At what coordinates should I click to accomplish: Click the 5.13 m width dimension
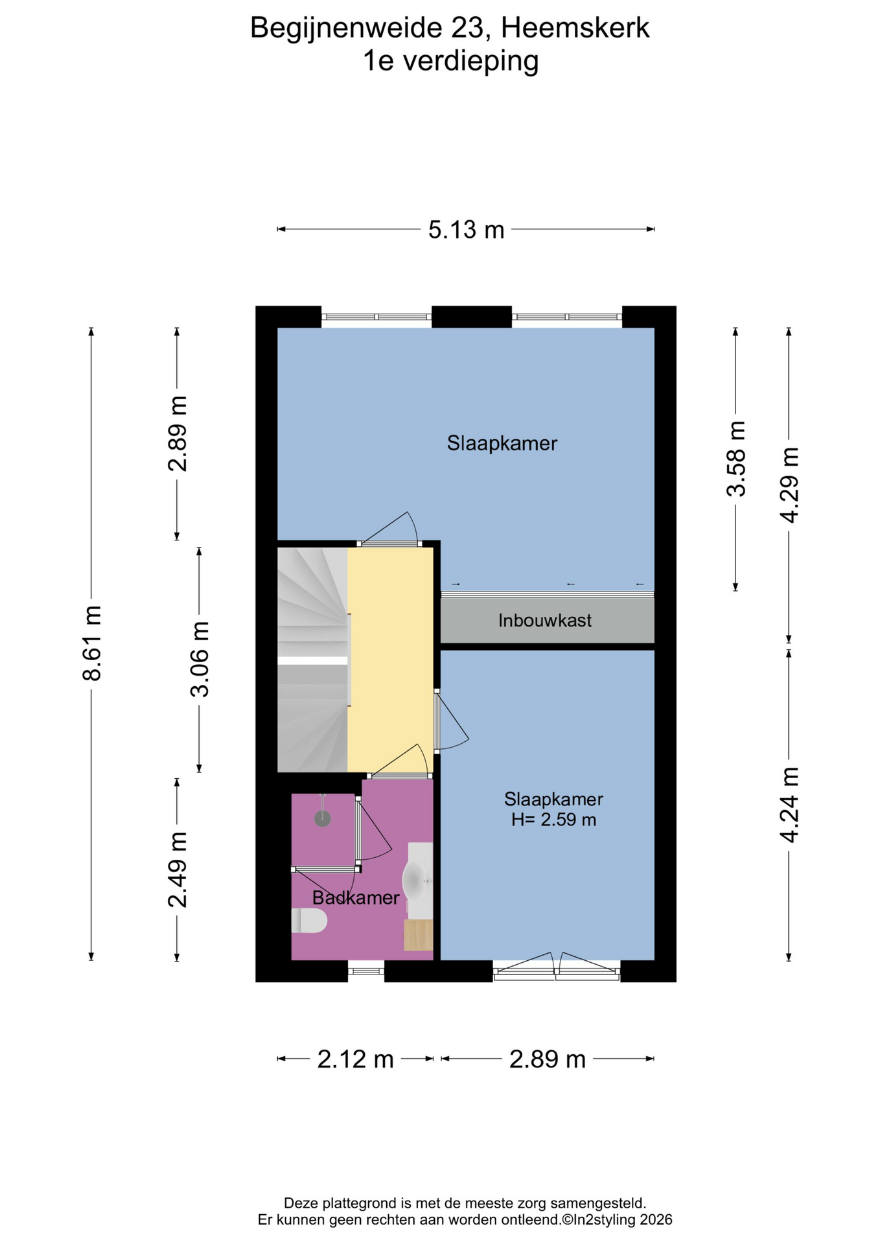point(466,229)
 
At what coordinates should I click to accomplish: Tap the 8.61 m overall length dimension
point(92,643)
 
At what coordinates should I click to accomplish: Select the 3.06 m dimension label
point(200,659)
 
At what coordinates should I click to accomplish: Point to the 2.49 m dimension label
point(177,870)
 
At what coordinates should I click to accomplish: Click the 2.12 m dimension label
point(355,1059)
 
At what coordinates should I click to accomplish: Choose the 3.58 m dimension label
point(735,458)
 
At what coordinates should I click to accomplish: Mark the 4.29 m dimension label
point(789,485)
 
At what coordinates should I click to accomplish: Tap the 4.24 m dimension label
point(789,804)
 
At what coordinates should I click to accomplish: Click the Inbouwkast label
point(545,621)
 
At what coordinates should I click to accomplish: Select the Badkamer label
point(355,898)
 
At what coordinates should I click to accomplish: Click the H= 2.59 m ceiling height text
point(553,820)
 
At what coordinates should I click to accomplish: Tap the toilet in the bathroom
point(308,921)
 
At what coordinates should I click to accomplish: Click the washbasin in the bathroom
point(418,880)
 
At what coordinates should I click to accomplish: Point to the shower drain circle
point(322,819)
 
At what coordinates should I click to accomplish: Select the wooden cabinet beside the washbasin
point(419,935)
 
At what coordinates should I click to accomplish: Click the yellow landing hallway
point(390,660)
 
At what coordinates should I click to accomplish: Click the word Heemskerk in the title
point(575,28)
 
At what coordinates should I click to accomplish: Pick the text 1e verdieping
point(450,62)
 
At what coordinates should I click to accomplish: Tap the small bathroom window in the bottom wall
point(366,971)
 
